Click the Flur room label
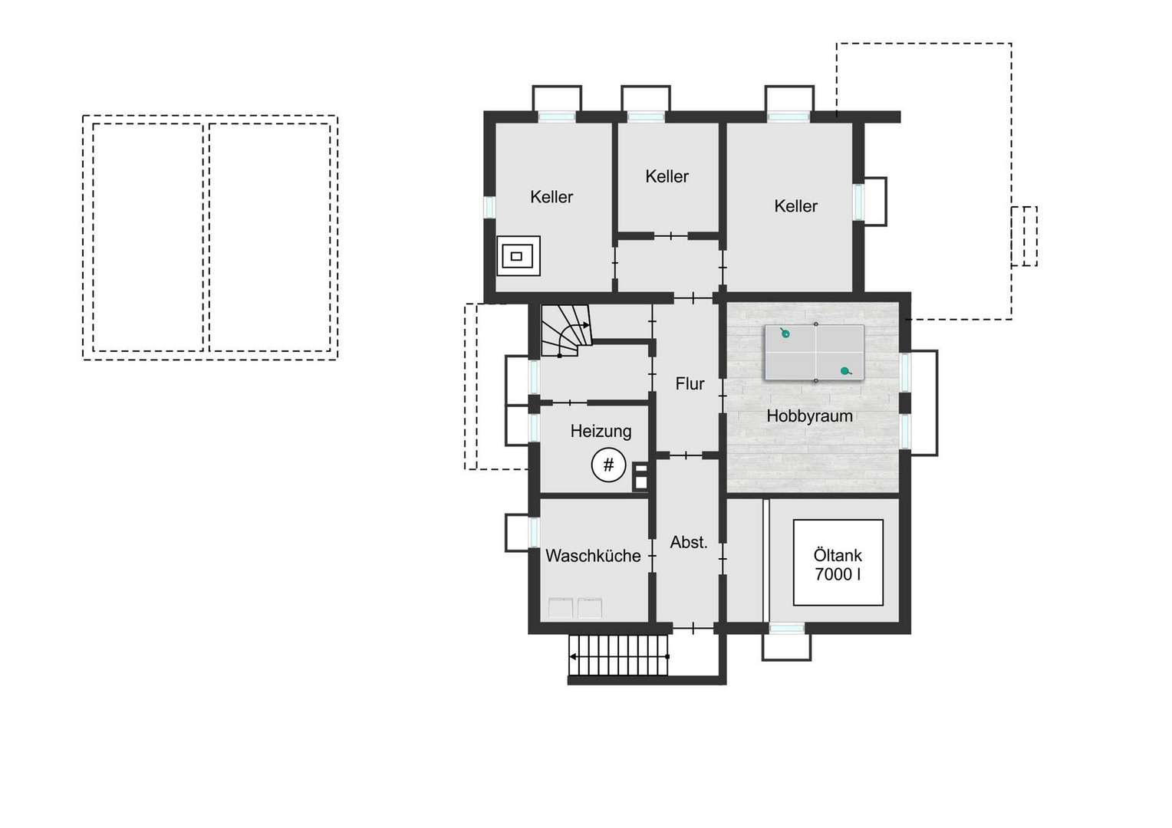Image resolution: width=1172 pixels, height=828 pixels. click(x=690, y=384)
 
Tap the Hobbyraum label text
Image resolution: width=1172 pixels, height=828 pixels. click(x=809, y=416)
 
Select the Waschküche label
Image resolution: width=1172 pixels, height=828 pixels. click(x=593, y=556)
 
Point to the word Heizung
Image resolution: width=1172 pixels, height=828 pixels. click(x=601, y=432)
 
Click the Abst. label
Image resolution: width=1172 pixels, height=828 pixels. click(x=689, y=543)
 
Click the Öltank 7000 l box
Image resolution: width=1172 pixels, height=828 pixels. click(x=838, y=562)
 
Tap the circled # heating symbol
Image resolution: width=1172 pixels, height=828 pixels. click(x=608, y=465)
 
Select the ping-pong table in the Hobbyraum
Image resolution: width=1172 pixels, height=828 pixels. click(x=814, y=353)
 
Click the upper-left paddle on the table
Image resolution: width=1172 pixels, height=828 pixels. click(x=785, y=333)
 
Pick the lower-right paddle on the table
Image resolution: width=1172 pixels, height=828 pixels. click(x=845, y=371)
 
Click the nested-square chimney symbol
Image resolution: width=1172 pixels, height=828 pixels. click(x=518, y=256)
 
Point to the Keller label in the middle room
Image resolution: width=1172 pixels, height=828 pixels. click(x=667, y=177)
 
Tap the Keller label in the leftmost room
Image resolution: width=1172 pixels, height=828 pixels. click(x=551, y=197)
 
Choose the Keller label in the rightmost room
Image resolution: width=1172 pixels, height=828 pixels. click(x=796, y=206)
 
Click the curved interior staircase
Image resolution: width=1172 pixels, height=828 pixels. click(x=566, y=330)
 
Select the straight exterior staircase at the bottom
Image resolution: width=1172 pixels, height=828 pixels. click(x=618, y=655)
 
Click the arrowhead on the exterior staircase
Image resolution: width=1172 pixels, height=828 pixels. click(x=574, y=656)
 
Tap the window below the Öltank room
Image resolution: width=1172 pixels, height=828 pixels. click(x=786, y=628)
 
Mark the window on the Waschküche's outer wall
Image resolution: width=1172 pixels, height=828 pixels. click(x=534, y=533)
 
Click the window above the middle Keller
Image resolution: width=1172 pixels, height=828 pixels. click(x=646, y=117)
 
